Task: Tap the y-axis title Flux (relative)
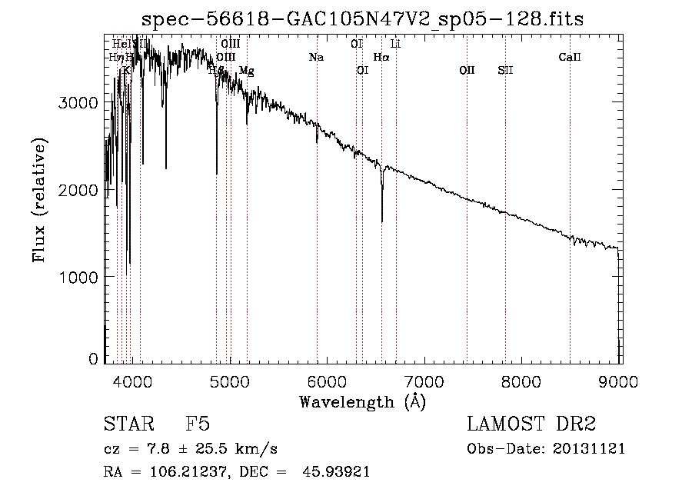click(38, 200)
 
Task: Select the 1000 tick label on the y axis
click(79, 277)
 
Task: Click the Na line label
click(316, 57)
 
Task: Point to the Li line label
click(396, 45)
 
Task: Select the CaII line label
click(570, 57)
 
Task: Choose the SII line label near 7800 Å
click(505, 71)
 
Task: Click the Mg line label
click(246, 71)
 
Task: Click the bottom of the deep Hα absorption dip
click(382, 221)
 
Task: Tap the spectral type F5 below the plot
click(198, 425)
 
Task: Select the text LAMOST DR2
click(531, 424)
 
